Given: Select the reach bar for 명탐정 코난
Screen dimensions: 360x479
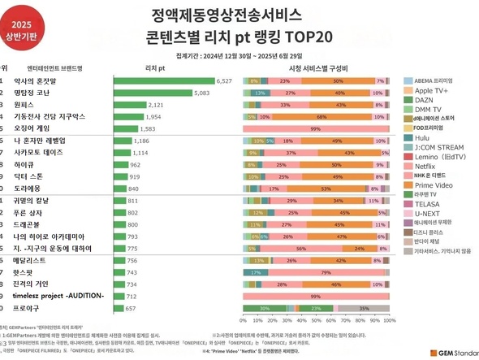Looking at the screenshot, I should (153, 93).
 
